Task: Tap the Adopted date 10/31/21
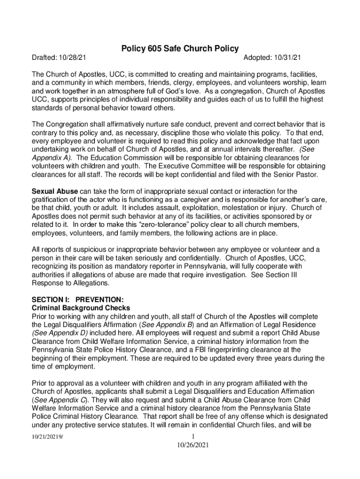coord(286,58)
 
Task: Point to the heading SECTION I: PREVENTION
coord(78,300)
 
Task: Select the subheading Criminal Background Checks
coord(80,308)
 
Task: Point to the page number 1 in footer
coord(187,437)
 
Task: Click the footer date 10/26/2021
coord(187,446)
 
